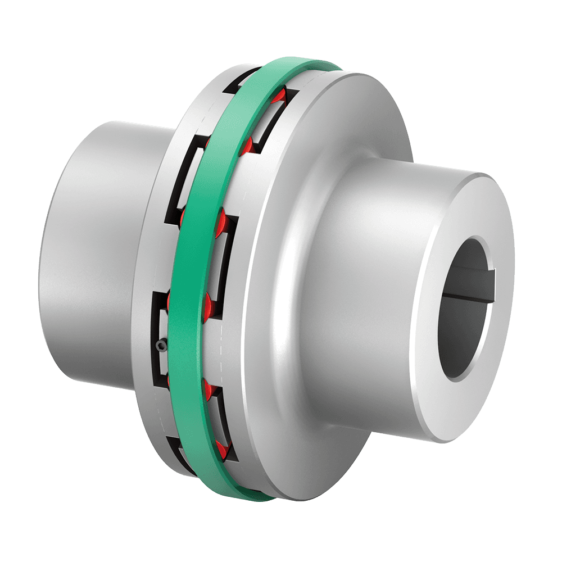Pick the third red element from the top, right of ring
coord(219,219)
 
